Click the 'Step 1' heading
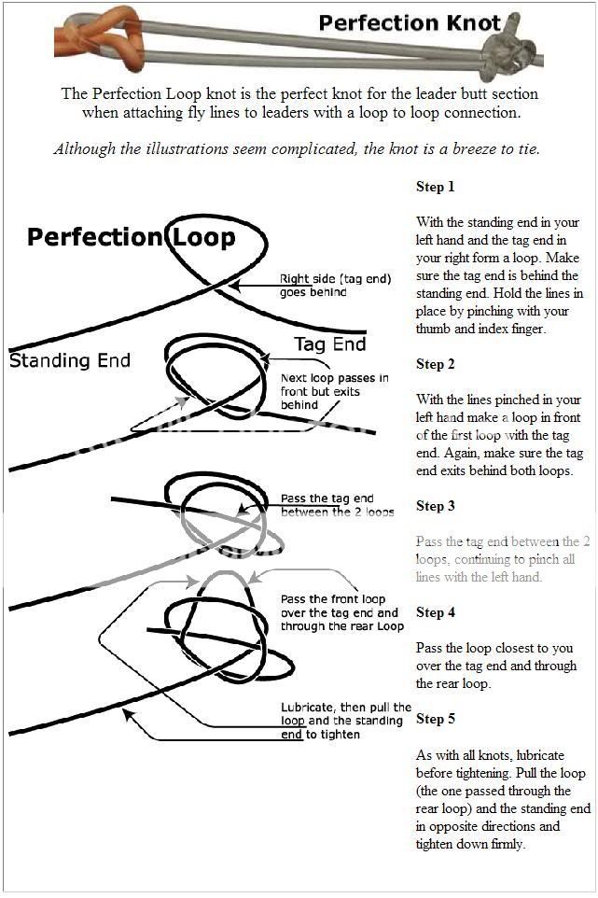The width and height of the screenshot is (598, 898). pyautogui.click(x=435, y=187)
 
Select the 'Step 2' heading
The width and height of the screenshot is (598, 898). pyautogui.click(x=435, y=364)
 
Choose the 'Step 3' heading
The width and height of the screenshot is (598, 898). pyautogui.click(x=435, y=506)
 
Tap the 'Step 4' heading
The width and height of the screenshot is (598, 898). pyautogui.click(x=435, y=612)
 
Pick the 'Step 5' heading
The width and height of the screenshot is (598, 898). pyautogui.click(x=435, y=719)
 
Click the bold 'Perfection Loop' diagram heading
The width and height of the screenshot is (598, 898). pyautogui.click(x=131, y=237)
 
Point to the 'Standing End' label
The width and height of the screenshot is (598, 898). pyautogui.click(x=70, y=360)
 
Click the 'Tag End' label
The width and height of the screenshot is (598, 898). pyautogui.click(x=330, y=344)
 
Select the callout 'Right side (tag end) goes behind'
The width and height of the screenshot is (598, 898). pyautogui.click(x=335, y=286)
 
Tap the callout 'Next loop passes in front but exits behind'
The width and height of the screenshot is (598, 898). pyautogui.click(x=334, y=391)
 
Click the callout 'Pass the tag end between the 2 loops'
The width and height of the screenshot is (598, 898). pyautogui.click(x=337, y=505)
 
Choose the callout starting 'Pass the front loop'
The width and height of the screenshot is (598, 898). pyautogui.click(x=341, y=612)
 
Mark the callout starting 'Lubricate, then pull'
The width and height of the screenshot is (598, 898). pyautogui.click(x=345, y=721)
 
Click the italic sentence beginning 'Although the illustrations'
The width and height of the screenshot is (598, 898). pyautogui.click(x=297, y=148)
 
